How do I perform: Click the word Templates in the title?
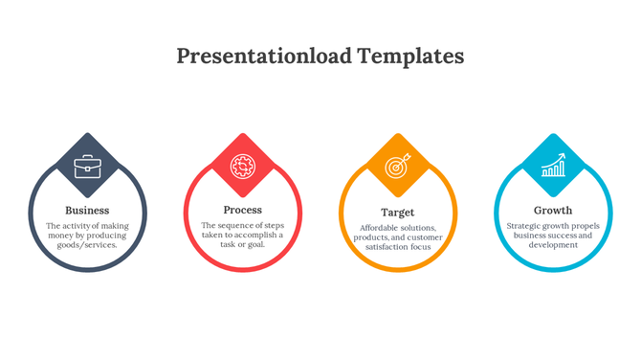click(411, 56)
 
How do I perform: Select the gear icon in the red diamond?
click(242, 167)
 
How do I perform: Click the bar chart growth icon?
click(552, 167)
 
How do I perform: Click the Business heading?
click(87, 211)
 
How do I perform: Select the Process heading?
click(242, 210)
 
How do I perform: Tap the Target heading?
click(397, 212)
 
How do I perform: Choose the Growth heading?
click(552, 211)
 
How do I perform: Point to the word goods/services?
click(87, 245)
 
